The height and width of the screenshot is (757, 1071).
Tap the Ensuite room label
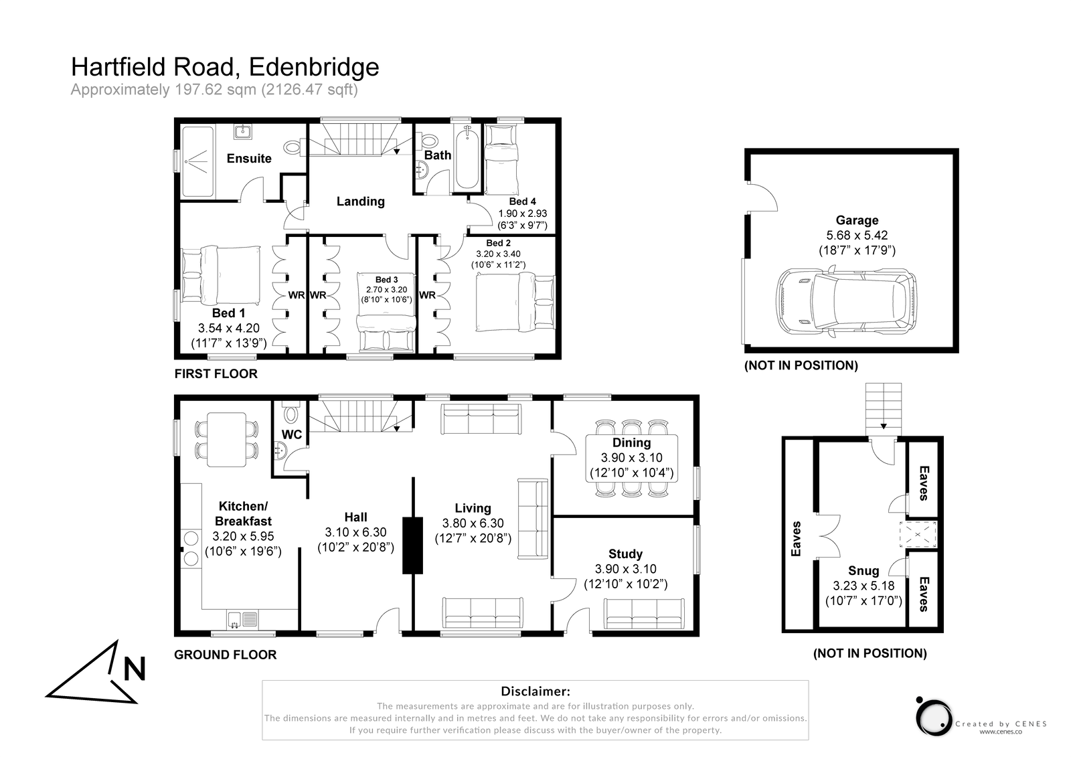coord(249,159)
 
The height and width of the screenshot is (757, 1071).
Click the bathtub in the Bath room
coord(467,159)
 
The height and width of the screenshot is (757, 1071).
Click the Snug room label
coord(863,571)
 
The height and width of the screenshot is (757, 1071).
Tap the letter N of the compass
coord(135,669)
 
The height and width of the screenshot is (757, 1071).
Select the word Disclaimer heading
coord(535,691)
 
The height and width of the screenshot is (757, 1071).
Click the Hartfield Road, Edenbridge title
coord(225,67)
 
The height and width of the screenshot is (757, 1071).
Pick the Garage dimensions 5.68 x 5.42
coord(857,236)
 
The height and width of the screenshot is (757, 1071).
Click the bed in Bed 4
coord(502,159)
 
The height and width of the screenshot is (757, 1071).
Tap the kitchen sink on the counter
coord(242,619)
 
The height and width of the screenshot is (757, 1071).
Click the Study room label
coord(625,554)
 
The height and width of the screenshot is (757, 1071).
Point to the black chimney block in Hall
coord(412,545)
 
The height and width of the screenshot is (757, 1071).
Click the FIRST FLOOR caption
coord(216,373)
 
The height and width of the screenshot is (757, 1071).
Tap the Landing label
coord(360,201)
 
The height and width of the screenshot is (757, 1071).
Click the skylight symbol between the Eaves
coord(921,534)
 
